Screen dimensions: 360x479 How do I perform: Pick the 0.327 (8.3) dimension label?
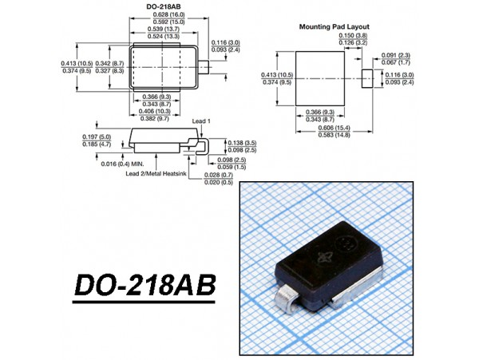tap(109, 70)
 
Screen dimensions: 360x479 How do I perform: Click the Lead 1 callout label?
tap(202, 121)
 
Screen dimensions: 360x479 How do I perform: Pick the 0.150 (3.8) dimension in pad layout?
tap(351, 36)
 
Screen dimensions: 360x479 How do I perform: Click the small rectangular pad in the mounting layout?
tap(367, 78)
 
